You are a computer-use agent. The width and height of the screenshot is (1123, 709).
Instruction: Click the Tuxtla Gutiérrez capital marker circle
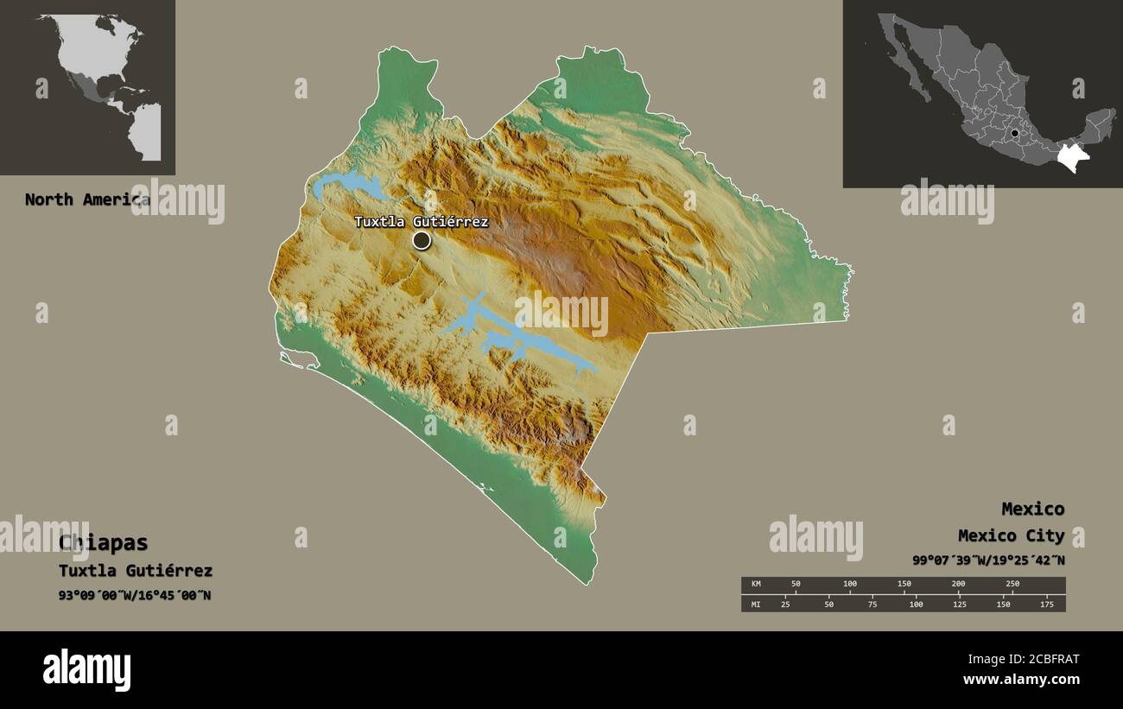pyautogui.click(x=421, y=240)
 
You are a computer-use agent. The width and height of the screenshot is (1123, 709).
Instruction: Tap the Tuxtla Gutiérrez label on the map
pyautogui.click(x=421, y=222)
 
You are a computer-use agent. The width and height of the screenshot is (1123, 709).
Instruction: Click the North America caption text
pyautogui.click(x=86, y=199)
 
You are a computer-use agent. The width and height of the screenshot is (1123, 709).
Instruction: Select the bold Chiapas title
pyautogui.click(x=104, y=543)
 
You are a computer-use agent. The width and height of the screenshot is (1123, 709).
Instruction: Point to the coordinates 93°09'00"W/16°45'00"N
pyautogui.click(x=135, y=595)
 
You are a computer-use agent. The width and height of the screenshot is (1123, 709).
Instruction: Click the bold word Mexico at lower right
pyautogui.click(x=1032, y=509)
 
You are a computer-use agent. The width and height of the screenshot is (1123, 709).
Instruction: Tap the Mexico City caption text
pyautogui.click(x=1011, y=536)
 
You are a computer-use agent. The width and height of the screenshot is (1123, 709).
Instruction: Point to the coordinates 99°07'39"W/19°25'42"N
pyautogui.click(x=988, y=560)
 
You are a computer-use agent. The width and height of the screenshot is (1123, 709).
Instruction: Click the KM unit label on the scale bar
pyautogui.click(x=755, y=585)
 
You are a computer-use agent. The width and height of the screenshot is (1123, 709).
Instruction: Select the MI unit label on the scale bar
pyautogui.click(x=755, y=604)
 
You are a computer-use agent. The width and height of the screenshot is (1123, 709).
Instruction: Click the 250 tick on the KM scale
pyautogui.click(x=1012, y=584)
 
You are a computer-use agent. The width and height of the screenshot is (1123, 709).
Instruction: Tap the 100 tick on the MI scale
pyautogui.click(x=916, y=604)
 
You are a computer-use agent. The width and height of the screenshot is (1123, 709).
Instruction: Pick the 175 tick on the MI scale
pyautogui.click(x=1047, y=604)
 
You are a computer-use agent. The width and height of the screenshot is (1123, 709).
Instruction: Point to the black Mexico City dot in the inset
pyautogui.click(x=1015, y=134)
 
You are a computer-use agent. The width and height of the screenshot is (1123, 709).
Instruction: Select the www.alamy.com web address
pyautogui.click(x=1021, y=680)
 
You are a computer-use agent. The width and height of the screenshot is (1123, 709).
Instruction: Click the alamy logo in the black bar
pyautogui.click(x=86, y=670)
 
